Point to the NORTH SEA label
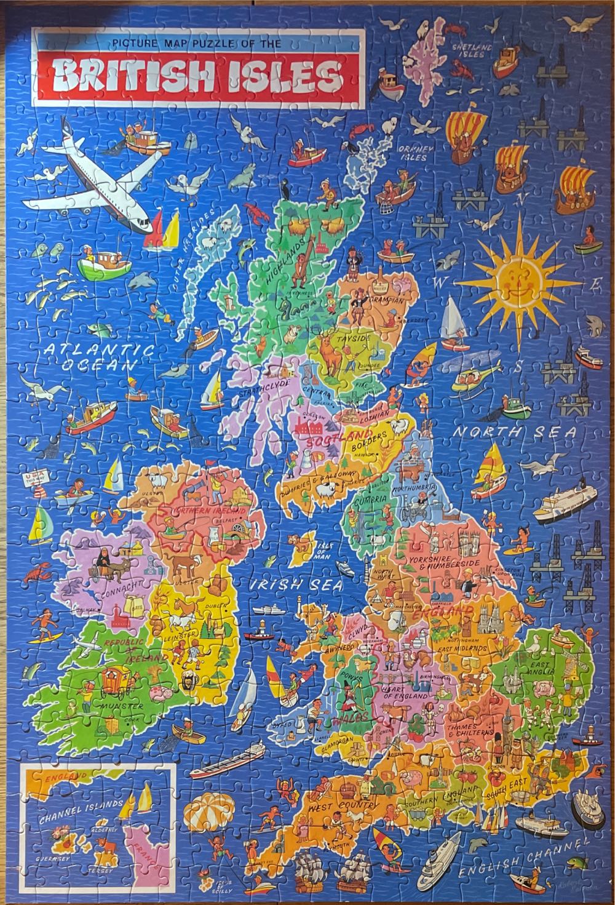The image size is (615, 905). (x=514, y=433)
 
